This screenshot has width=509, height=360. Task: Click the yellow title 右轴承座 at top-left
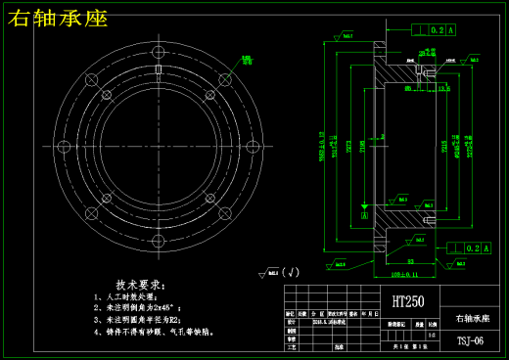point(58,19)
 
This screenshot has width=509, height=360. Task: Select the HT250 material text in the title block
point(408,301)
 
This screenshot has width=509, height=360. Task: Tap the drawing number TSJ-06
point(470,341)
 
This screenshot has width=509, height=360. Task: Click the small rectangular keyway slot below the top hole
point(159,70)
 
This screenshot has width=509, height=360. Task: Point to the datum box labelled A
point(364,214)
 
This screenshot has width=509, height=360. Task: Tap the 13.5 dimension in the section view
point(443,89)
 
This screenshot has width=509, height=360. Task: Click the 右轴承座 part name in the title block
point(474,319)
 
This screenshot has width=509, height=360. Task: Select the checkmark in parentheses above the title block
point(291,272)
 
